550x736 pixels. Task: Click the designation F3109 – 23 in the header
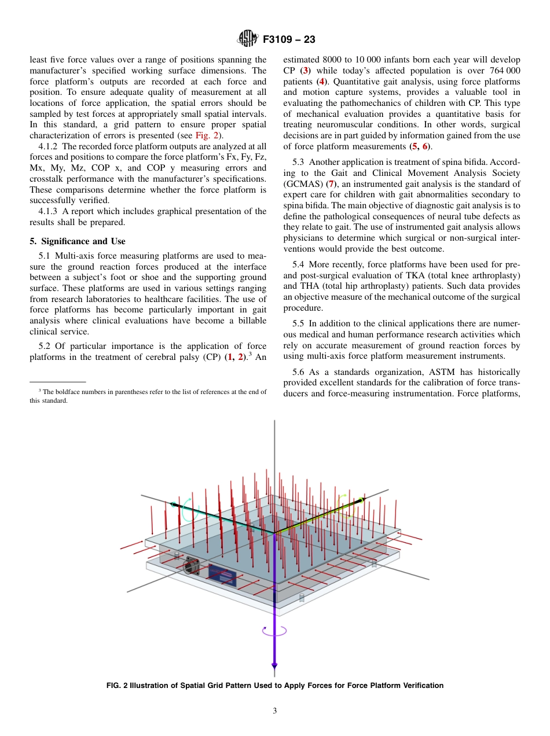click(x=289, y=40)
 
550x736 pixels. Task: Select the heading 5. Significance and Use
click(x=77, y=241)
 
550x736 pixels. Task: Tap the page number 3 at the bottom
click(x=274, y=711)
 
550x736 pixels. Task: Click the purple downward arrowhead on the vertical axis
click(x=274, y=666)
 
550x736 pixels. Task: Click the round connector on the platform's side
click(x=190, y=565)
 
